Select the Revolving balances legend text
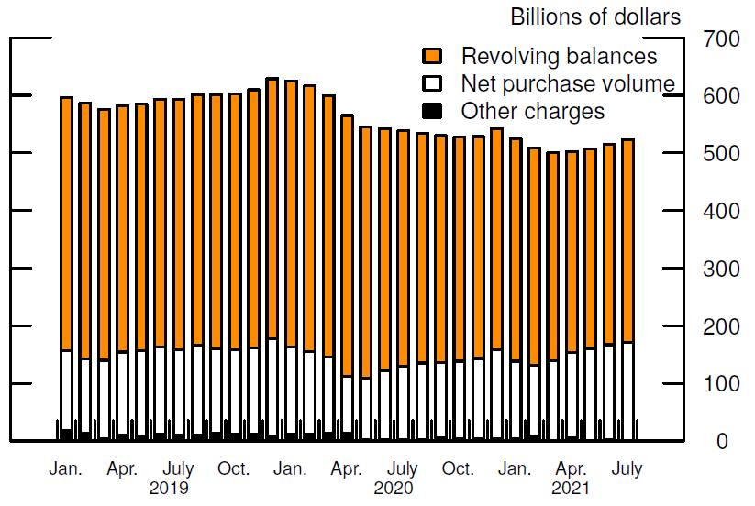coord(559,56)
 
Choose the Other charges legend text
coord(532,112)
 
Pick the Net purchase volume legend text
coord(568,84)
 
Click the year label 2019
coord(169,488)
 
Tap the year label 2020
coord(394,488)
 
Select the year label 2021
coord(571,488)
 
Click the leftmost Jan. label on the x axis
coord(66,469)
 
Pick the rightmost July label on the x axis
coord(627,469)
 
